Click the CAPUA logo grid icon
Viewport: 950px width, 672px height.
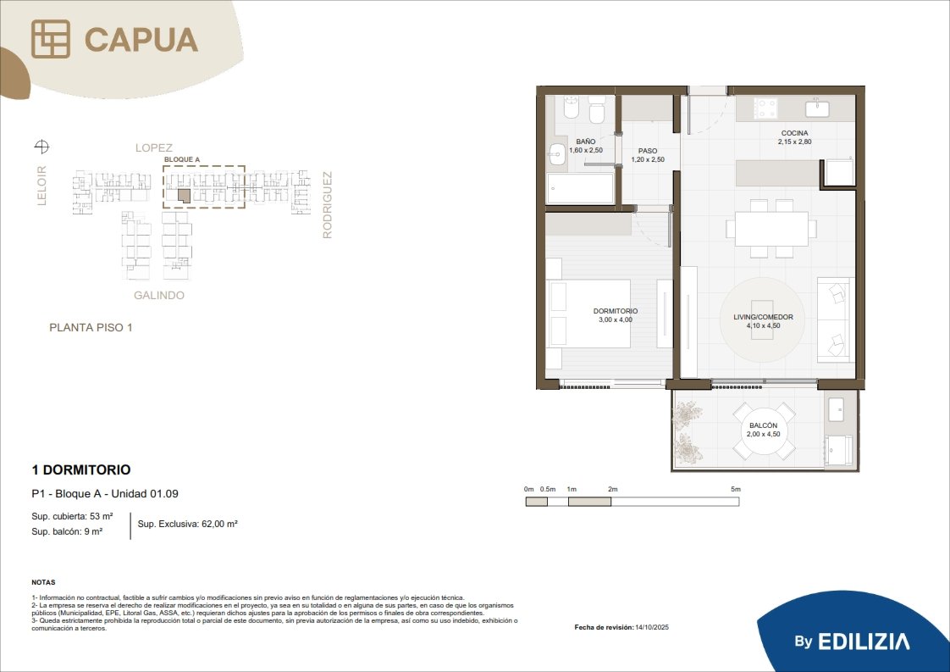pos(50,40)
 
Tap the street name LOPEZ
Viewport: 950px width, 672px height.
pos(154,148)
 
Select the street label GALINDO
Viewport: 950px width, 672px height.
pos(158,296)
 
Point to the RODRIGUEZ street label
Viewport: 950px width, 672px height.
pos(327,205)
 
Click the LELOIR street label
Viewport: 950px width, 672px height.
pos(41,186)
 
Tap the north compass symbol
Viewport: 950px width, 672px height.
pos(41,146)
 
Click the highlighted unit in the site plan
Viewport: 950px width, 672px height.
pos(185,196)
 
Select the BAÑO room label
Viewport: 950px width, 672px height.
pos(586,142)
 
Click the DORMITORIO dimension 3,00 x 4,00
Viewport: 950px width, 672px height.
pos(616,319)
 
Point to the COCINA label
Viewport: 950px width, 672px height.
pos(794,133)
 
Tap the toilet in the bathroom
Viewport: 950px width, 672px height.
pos(598,109)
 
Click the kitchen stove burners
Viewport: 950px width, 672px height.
pos(765,108)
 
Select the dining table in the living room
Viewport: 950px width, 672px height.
pos(771,229)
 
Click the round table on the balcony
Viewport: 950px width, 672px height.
pos(764,430)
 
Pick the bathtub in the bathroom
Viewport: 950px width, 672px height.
pos(581,189)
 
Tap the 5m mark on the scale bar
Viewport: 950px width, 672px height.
pos(736,489)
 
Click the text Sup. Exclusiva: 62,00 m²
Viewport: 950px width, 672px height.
pos(187,524)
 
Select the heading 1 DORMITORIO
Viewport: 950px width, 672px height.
pos(81,469)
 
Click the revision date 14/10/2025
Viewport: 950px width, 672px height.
pos(652,627)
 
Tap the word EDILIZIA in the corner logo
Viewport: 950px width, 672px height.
pos(864,641)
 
